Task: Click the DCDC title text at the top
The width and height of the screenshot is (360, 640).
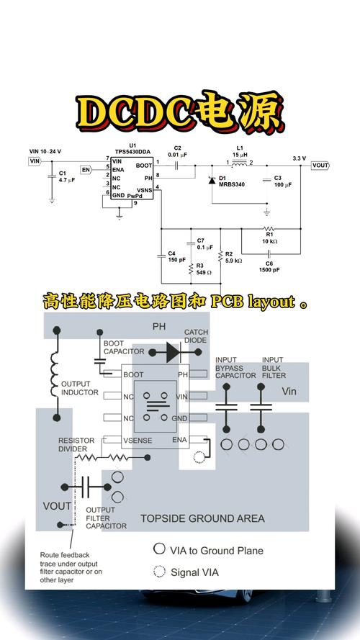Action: tap(180, 111)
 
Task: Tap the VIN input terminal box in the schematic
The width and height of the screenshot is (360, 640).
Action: tap(35, 161)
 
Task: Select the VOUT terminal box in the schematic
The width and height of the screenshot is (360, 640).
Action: tap(320, 166)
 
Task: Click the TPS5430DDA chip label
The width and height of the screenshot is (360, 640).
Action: tap(132, 151)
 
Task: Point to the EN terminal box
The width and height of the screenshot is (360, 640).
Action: tap(86, 170)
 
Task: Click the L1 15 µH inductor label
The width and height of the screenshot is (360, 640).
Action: tap(240, 152)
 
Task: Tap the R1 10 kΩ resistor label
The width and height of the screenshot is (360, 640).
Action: tap(269, 238)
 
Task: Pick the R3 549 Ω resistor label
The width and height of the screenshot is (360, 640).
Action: tap(203, 269)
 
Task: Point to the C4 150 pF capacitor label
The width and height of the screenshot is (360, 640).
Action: tap(176, 256)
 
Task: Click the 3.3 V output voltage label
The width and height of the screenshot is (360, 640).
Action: tap(299, 158)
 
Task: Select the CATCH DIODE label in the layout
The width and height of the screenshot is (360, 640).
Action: tap(196, 337)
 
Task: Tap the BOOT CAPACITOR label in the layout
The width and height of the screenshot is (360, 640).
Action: tap(124, 348)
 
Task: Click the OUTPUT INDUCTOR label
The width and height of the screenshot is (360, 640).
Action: tap(86, 388)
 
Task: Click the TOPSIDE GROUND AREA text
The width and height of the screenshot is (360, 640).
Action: tap(202, 518)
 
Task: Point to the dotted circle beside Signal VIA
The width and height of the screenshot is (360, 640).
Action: tap(159, 572)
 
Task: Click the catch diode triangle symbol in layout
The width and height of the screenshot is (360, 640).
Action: tap(171, 352)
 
